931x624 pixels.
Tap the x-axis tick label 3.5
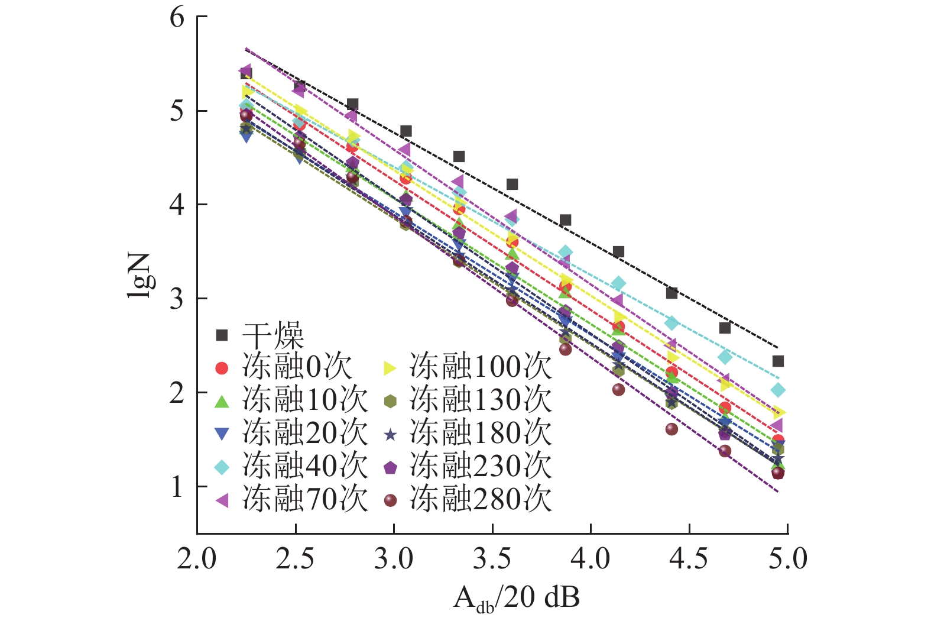point(492,558)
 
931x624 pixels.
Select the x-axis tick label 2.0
point(197,558)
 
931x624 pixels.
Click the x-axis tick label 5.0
point(787,558)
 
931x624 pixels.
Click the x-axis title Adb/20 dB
point(516,598)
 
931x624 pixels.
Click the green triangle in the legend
point(222,402)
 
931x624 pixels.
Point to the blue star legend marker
point(390,435)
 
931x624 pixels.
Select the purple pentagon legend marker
point(390,468)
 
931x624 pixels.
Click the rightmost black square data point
point(778,361)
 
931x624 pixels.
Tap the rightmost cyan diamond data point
point(778,390)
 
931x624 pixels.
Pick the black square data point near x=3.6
point(512,185)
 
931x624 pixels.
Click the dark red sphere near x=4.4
point(672,429)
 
